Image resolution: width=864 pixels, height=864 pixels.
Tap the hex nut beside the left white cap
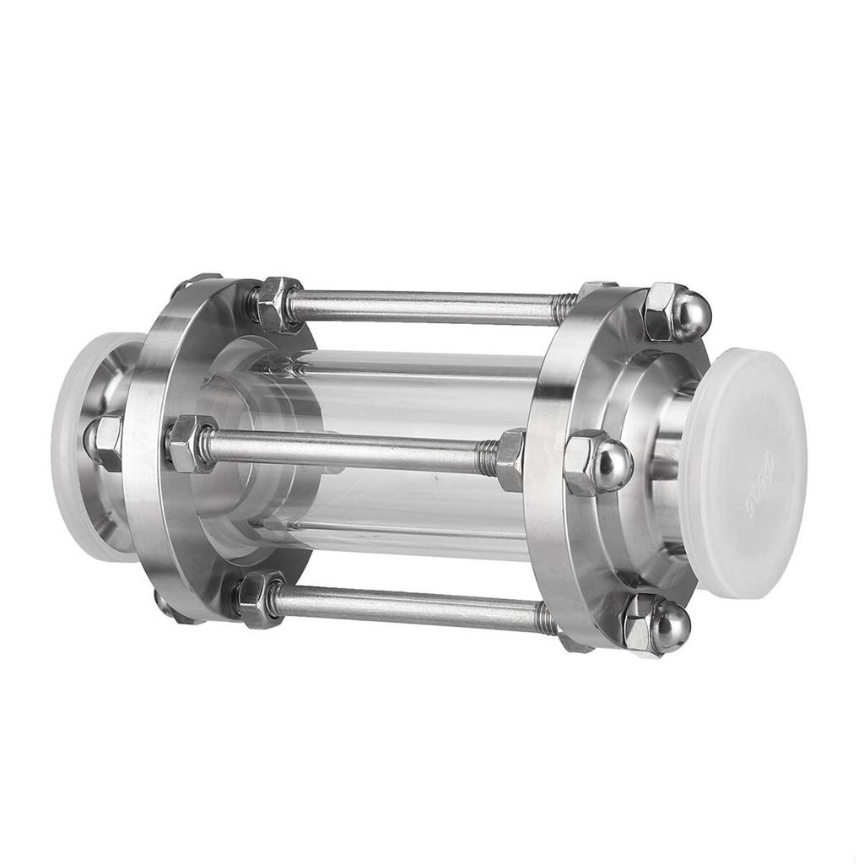[x=105, y=442]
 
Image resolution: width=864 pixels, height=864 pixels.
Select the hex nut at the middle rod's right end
[x=510, y=459]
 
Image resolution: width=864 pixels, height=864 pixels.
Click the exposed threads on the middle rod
[x=487, y=458]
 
